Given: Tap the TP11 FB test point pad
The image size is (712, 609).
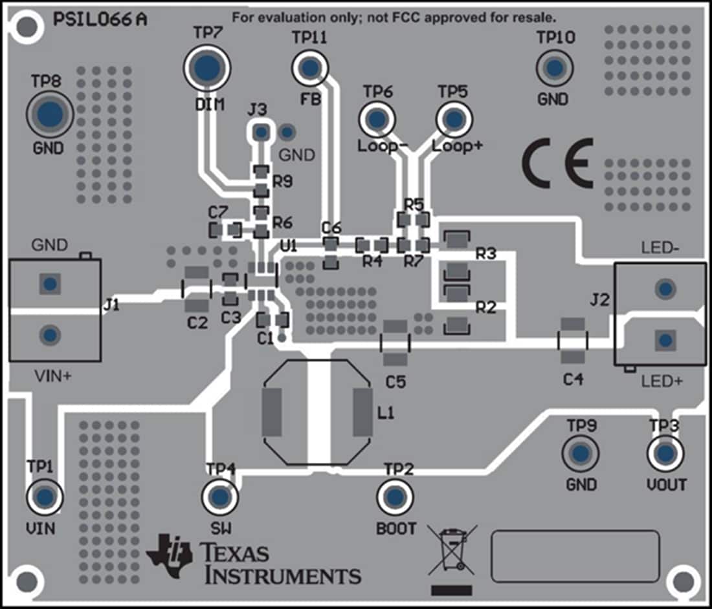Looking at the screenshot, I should pyautogui.click(x=310, y=67).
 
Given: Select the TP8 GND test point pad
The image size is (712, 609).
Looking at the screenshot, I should pyautogui.click(x=50, y=114).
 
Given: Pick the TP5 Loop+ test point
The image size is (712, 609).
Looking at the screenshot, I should pyautogui.click(x=454, y=119).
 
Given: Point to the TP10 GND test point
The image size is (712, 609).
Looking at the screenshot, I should pyautogui.click(x=554, y=67).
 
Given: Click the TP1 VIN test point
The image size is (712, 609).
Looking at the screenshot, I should pyautogui.click(x=44, y=497).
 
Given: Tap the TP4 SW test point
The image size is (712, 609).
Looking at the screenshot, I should pyautogui.click(x=220, y=497).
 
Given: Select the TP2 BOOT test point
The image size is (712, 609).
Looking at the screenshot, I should pyautogui.click(x=395, y=497).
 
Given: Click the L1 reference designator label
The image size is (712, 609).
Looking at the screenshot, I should pyautogui.click(x=386, y=412).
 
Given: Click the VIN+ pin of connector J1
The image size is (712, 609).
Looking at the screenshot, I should pyautogui.click(x=49, y=335).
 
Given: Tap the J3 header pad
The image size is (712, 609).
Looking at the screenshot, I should pyautogui.click(x=260, y=133).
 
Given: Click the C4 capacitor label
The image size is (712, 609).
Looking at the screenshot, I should pyautogui.click(x=573, y=379).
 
